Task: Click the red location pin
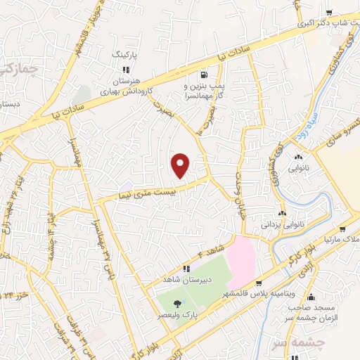181,165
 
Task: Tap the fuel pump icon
204,75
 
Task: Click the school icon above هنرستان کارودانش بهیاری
126,70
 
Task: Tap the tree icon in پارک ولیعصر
176,304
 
